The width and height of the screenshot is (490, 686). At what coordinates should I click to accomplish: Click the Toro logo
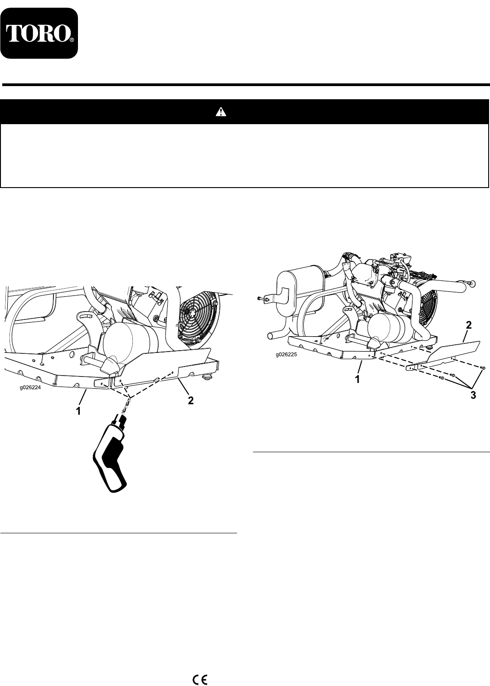(39, 34)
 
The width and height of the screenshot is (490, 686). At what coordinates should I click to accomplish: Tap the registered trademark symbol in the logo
(71, 40)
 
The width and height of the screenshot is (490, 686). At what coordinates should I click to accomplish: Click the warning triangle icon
(220, 112)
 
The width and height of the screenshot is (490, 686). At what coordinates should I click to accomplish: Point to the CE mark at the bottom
(200, 677)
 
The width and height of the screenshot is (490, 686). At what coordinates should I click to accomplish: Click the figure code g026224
(30, 386)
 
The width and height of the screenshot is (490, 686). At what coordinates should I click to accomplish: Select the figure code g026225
(286, 355)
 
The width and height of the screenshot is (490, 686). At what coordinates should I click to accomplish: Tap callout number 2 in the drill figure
(191, 400)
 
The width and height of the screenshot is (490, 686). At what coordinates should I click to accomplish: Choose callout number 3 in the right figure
(473, 396)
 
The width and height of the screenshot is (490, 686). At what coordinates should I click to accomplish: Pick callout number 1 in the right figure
(357, 379)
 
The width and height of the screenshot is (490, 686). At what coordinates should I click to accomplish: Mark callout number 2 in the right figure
(469, 325)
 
